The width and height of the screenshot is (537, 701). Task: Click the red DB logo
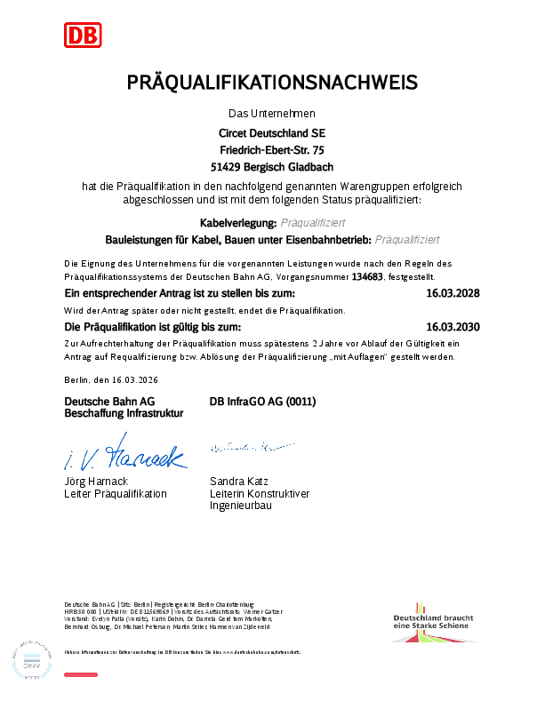coord(83,35)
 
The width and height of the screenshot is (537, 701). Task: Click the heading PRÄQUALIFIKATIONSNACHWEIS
coord(272,83)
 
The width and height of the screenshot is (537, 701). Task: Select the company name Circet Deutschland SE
coord(272,132)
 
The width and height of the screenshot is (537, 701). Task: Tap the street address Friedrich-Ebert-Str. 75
coord(272,149)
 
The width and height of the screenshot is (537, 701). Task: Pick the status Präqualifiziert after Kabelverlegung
coord(313,222)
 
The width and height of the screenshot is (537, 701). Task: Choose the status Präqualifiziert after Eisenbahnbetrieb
coord(407,239)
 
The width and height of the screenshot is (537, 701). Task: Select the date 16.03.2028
coord(453,293)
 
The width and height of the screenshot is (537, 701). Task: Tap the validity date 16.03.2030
coord(453,327)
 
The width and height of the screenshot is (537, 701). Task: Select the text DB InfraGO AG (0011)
coord(263,402)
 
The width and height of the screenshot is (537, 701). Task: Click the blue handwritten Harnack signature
coord(124,453)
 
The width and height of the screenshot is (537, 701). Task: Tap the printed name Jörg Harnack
coord(95,482)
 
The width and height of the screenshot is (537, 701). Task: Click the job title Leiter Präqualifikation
coord(116,493)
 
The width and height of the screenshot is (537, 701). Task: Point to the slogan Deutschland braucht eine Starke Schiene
coord(433,622)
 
